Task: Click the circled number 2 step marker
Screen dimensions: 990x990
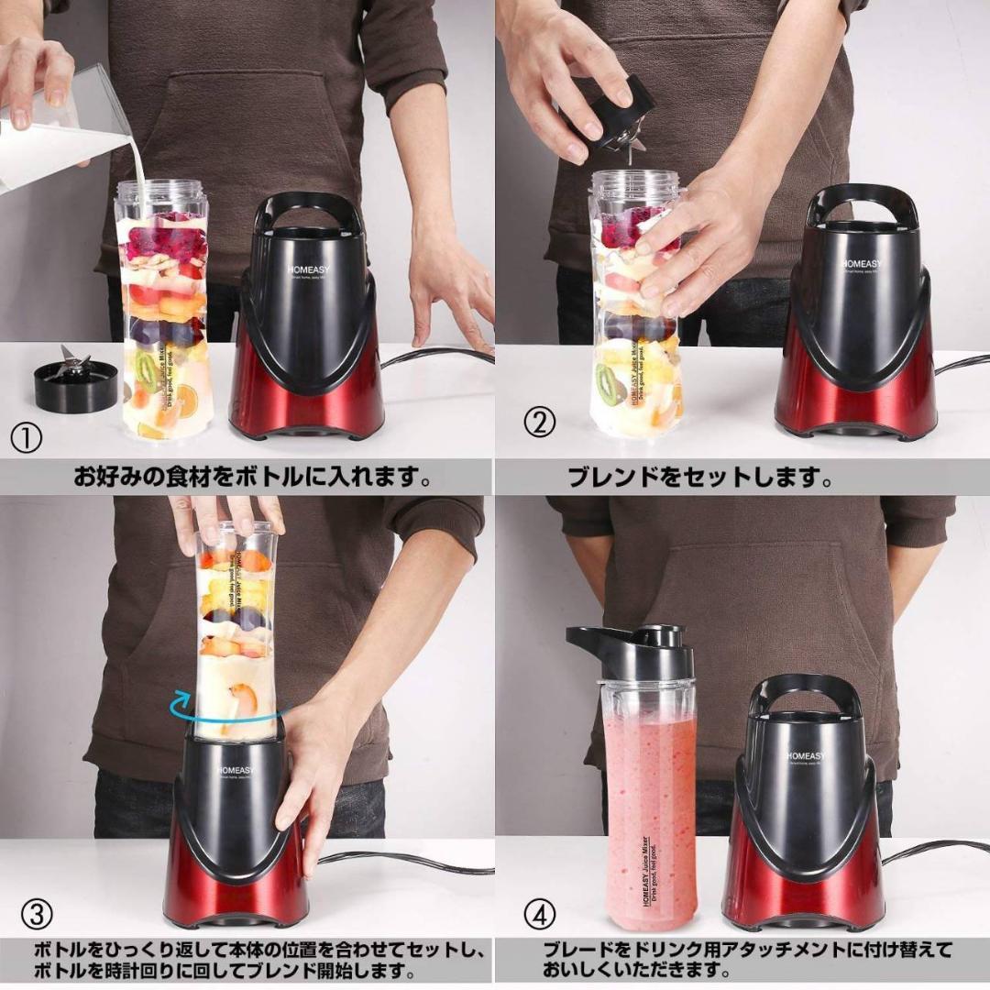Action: (540, 423)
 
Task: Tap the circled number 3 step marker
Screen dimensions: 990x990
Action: (36, 913)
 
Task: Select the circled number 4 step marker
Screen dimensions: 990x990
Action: (540, 914)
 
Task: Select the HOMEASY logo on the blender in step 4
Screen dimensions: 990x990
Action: (806, 756)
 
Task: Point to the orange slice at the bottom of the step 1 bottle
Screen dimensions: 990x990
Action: (185, 401)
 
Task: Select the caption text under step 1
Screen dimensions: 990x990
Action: (252, 478)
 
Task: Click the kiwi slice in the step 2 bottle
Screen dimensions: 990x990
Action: (608, 383)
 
